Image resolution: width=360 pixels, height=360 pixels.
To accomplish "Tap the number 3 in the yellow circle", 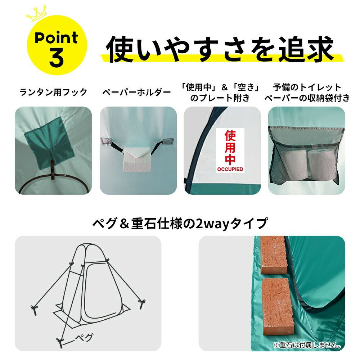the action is pyautogui.click(x=56, y=58).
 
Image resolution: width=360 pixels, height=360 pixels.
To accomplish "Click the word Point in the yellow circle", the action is pyautogui.click(x=57, y=38).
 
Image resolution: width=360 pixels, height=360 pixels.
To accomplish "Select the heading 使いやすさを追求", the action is pyautogui.click(x=220, y=49).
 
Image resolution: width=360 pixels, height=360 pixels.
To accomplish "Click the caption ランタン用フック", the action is pyautogui.click(x=53, y=92).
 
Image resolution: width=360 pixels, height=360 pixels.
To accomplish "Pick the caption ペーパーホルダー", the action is pyautogui.click(x=136, y=92).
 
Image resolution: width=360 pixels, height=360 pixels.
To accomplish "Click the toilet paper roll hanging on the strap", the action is pyautogui.click(x=137, y=159).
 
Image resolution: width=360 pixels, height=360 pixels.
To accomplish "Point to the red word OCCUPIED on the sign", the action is pyautogui.click(x=230, y=169).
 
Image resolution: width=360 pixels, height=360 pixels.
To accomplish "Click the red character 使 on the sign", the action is pyautogui.click(x=230, y=136).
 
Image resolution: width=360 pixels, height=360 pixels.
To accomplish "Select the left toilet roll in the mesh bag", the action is pyautogui.click(x=294, y=165).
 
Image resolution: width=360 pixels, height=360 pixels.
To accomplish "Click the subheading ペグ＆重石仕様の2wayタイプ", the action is pyautogui.click(x=180, y=224).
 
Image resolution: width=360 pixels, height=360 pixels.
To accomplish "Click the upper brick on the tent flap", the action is pyautogui.click(x=273, y=255).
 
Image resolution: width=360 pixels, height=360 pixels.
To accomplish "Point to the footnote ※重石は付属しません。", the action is pyautogui.click(x=307, y=345).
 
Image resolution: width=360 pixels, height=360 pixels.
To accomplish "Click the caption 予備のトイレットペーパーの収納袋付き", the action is pyautogui.click(x=307, y=93).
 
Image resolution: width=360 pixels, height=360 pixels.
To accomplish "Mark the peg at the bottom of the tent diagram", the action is pyautogui.click(x=60, y=342).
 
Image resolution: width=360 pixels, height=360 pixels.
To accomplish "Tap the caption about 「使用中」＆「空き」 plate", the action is pyautogui.click(x=220, y=93).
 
